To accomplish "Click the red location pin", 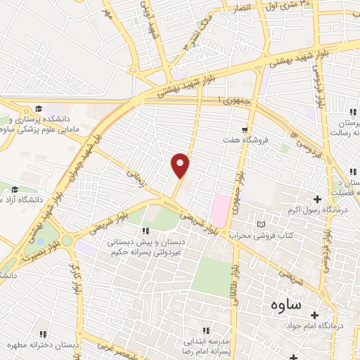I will [181, 165].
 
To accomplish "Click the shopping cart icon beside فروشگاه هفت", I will [244, 129].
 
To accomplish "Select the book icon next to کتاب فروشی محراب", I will [262, 224].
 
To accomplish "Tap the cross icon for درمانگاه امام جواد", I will [315, 314].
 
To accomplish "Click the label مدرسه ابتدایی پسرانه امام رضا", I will [205, 340].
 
